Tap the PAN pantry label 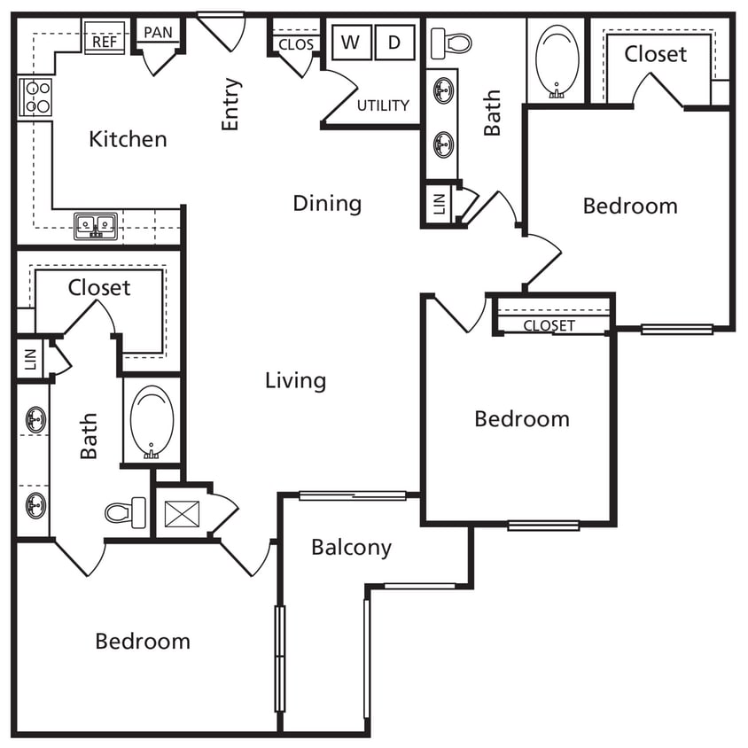[x=158, y=33]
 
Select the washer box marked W [x=351, y=42]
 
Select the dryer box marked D [x=395, y=42]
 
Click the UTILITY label [x=383, y=105]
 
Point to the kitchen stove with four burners [x=36, y=97]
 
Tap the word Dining [x=327, y=204]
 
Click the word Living [x=295, y=381]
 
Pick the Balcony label [x=351, y=548]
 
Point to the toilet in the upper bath [x=451, y=42]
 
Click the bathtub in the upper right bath [x=558, y=58]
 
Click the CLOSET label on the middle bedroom [x=549, y=325]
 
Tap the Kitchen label [x=128, y=139]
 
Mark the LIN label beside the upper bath [x=438, y=203]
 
